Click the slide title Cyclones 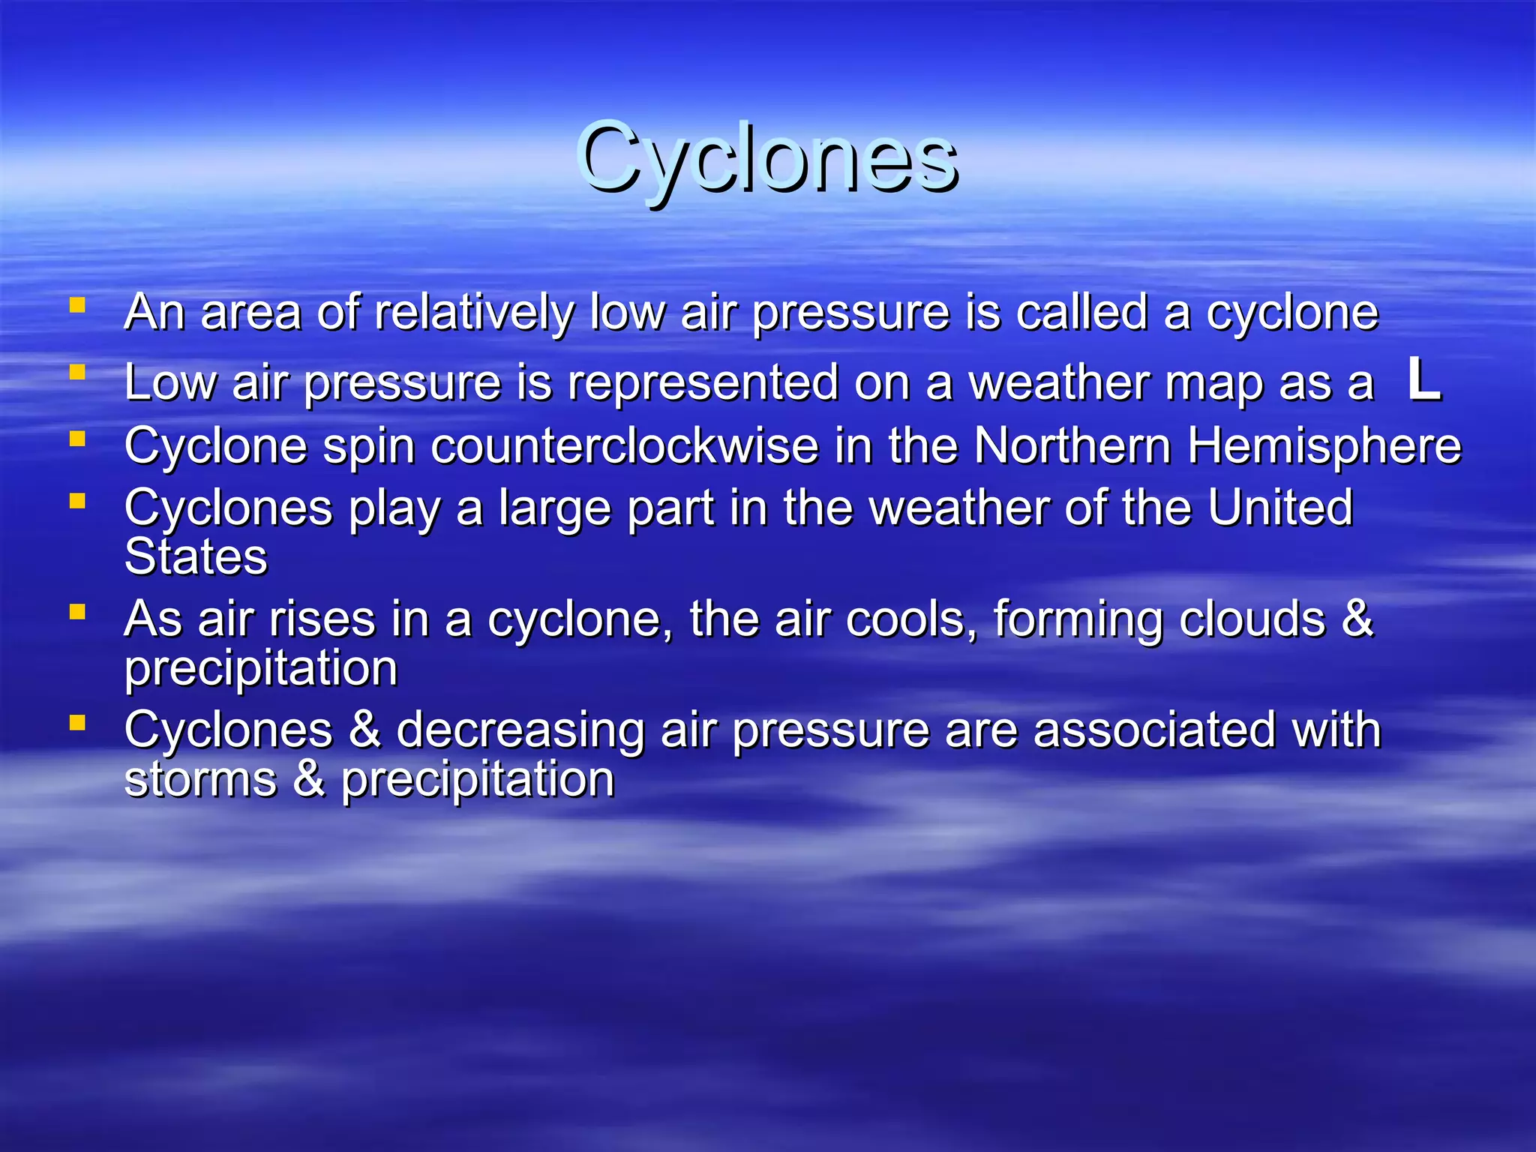pos(766,157)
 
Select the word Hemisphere pos(1324,446)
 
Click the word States pos(196,557)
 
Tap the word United pos(1279,508)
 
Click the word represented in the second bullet pos(702,382)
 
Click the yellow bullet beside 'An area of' pos(77,305)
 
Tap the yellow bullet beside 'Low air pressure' pos(77,372)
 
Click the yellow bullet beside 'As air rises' pos(77,612)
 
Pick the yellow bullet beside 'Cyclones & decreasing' pos(77,723)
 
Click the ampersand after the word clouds pos(1357,619)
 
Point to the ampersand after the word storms pos(309,779)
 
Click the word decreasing pos(520,730)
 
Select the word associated pos(1154,730)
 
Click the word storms pos(200,780)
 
